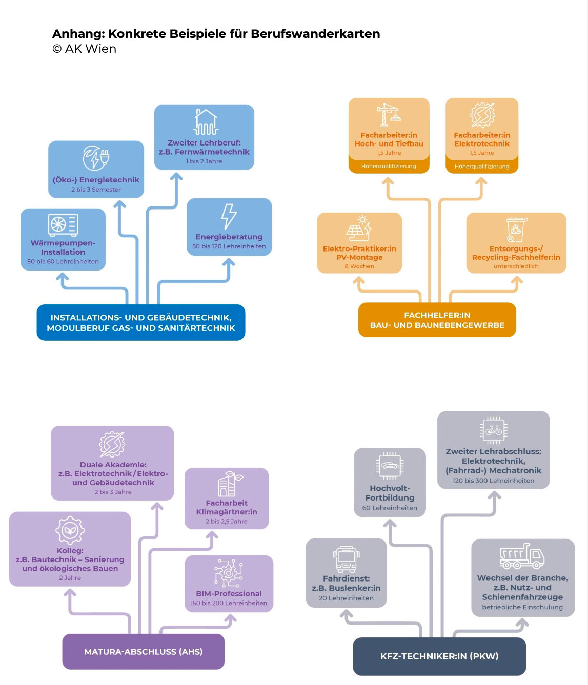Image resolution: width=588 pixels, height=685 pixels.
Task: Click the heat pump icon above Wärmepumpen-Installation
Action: (63, 225)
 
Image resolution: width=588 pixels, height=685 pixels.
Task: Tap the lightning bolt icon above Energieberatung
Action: (229, 216)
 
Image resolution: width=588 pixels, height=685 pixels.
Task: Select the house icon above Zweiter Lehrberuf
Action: (206, 122)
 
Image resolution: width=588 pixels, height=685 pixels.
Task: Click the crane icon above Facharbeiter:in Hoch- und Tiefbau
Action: (389, 115)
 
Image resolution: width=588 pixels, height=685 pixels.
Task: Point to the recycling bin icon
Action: (516, 229)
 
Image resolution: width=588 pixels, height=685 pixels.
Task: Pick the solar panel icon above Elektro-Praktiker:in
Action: (359, 229)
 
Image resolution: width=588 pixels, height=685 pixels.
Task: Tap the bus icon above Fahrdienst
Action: (346, 559)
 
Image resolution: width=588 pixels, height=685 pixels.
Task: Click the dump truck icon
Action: (522, 556)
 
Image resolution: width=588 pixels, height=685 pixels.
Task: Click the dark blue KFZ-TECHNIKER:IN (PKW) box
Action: (439, 656)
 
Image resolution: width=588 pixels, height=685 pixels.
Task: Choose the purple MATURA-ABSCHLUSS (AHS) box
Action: (144, 652)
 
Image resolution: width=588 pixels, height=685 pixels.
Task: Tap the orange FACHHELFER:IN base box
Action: (437, 320)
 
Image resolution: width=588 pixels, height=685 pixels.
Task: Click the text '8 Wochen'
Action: (359, 266)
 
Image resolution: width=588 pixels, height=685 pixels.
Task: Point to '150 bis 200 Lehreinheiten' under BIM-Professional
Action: (229, 603)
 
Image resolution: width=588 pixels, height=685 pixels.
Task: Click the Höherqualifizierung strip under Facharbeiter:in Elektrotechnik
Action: (482, 167)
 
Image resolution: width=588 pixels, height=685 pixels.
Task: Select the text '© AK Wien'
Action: (85, 49)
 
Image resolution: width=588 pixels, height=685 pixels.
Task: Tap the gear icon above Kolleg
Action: (70, 530)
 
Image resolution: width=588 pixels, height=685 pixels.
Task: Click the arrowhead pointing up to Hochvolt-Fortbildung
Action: (390, 524)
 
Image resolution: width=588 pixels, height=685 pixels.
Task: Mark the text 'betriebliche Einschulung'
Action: (522, 607)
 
